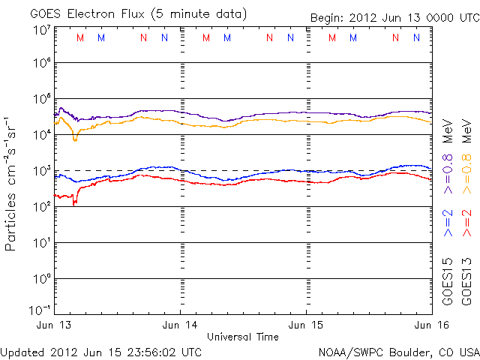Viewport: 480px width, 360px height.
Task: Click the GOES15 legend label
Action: click(448, 278)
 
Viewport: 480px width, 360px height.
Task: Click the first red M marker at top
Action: click(80, 37)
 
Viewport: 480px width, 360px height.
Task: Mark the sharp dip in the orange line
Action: click(74, 139)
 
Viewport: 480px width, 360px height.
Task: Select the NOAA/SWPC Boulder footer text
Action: click(397, 351)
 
